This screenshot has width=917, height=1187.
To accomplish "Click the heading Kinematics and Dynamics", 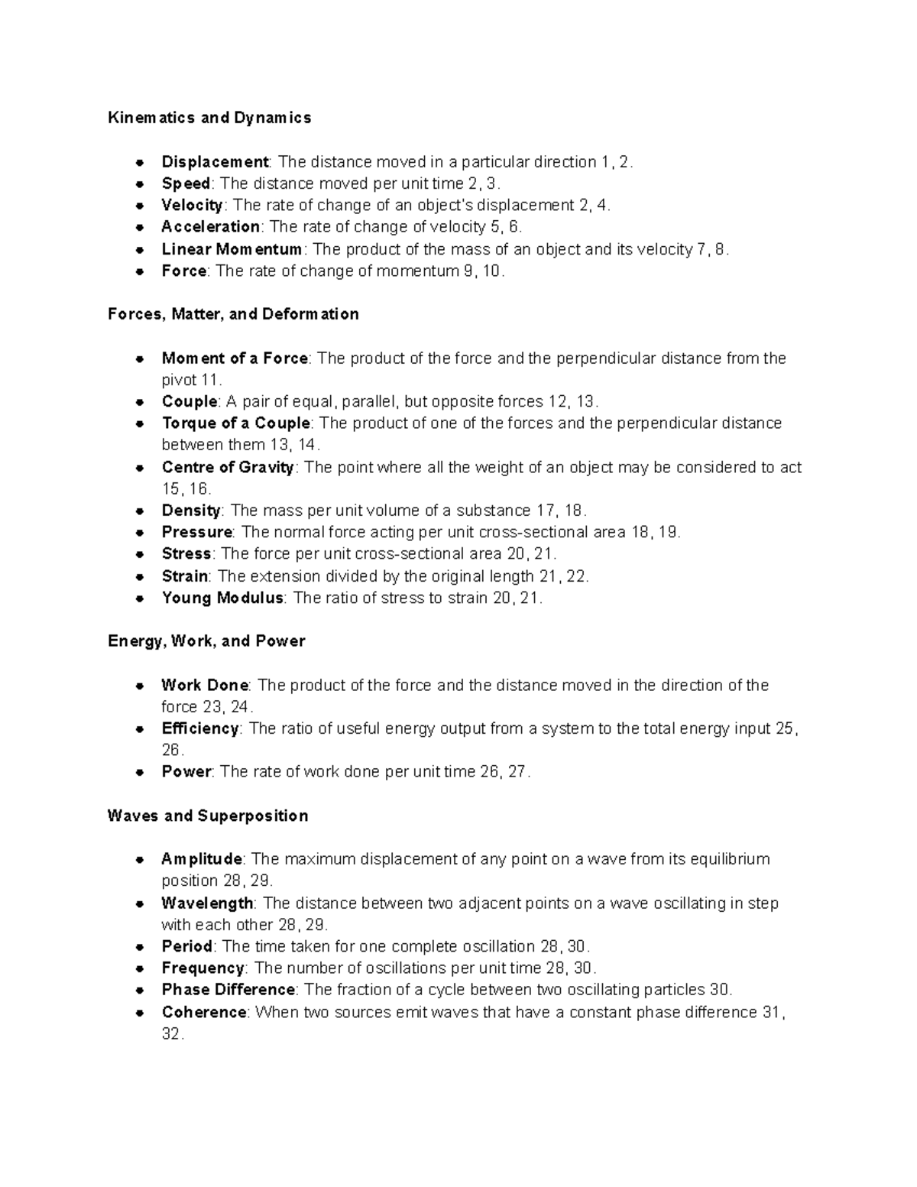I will tap(209, 118).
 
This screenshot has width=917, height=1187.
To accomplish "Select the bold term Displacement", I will tap(215, 162).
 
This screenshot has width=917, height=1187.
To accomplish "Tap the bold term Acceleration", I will tap(210, 227).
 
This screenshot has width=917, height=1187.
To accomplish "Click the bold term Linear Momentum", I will tap(232, 249).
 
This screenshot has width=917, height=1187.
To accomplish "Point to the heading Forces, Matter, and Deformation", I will tap(233, 314).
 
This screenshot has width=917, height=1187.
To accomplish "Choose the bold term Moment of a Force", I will tap(235, 358).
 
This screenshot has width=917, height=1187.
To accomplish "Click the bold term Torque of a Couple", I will tap(236, 423).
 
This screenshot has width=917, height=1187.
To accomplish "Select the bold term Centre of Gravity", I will tap(228, 468).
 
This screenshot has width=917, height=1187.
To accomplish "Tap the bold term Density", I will tap(191, 511).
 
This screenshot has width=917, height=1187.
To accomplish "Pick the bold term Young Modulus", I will tap(222, 598).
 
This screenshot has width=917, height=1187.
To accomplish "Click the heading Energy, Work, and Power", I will tap(206, 641).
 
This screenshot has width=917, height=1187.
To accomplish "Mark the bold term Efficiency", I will tap(200, 728).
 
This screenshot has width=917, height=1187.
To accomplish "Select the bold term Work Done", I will tap(205, 686).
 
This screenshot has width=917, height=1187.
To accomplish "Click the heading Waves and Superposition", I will tap(208, 816).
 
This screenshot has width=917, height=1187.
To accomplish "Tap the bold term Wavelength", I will tap(207, 903).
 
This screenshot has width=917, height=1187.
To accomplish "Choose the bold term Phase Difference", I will tap(228, 990).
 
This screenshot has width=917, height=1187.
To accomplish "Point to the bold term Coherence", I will tap(204, 1013).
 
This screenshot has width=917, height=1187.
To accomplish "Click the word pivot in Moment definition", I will tap(179, 380).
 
